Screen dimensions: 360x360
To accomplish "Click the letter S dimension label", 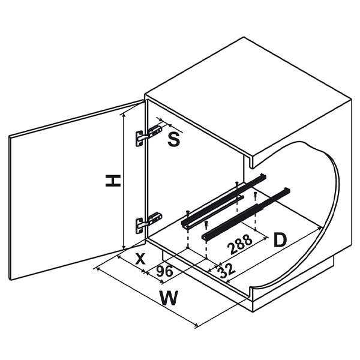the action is point(174,140).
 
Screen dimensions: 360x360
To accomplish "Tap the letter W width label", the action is point(169,298).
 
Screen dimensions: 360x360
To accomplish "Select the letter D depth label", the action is point(280,240).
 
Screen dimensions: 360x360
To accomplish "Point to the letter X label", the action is point(140,259).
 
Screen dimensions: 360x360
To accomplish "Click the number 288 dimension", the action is point(239,244).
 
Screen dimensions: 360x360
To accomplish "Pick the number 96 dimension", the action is point(164,272).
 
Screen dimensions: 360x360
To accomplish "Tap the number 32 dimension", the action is point(226,271).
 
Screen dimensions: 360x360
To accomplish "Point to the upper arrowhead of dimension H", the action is point(124,115).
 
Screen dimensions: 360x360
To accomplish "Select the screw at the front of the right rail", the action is point(206,224).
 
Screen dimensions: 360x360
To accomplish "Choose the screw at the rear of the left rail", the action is point(237,184).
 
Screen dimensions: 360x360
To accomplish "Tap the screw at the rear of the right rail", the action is point(255,194).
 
